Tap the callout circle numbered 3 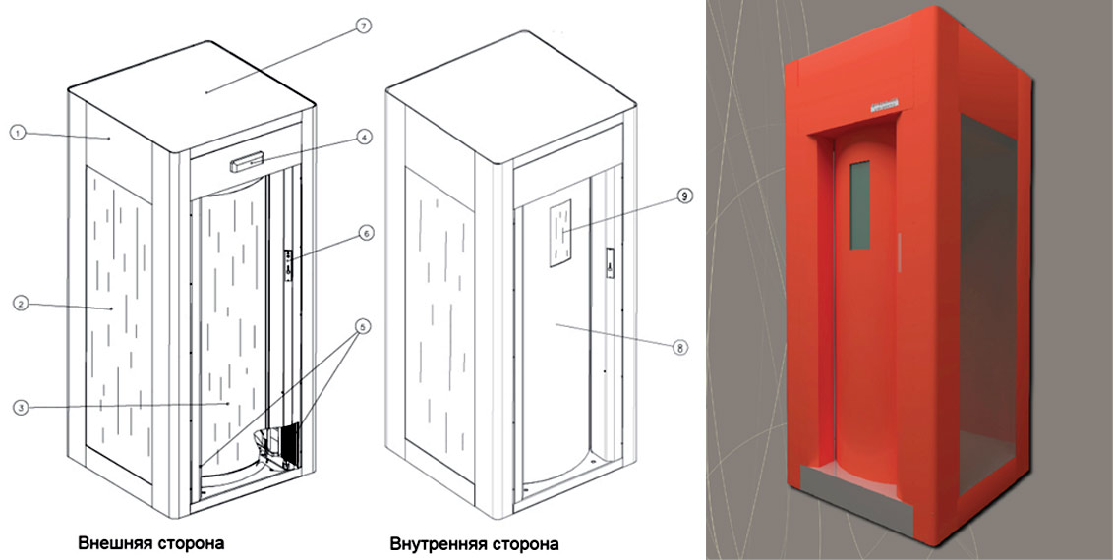22,407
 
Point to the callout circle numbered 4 364,137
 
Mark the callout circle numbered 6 365,233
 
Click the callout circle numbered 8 679,348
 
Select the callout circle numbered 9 684,196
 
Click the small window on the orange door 859,205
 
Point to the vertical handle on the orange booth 900,251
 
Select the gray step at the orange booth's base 856,496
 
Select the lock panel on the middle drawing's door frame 609,263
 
